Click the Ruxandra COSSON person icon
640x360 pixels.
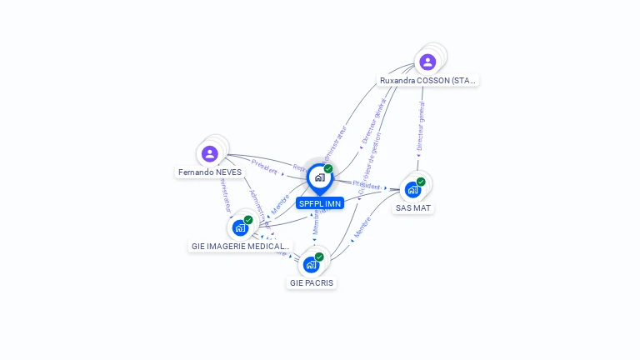tap(427, 62)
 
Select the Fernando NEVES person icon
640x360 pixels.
tap(210, 153)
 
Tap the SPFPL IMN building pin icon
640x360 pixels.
tap(318, 177)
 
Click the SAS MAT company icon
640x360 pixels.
tap(412, 189)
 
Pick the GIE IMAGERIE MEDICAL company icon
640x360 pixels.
tap(240, 227)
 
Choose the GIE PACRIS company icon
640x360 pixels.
tap(311, 264)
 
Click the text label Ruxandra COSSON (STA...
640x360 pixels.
tap(427, 81)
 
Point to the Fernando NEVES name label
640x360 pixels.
tap(210, 172)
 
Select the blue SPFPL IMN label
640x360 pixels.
tap(320, 203)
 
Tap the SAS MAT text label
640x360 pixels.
tap(413, 208)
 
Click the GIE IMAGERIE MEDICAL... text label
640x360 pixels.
tap(240, 247)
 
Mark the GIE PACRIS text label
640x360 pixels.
tap(312, 283)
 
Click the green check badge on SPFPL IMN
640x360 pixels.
tap(328, 169)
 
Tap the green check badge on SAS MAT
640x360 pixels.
tap(422, 182)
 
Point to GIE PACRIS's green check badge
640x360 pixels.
tap(319, 257)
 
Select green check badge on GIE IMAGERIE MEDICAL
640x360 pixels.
tap(248, 220)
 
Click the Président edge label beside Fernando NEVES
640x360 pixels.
tap(264, 166)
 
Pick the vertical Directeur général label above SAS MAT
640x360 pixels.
tap(420, 127)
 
